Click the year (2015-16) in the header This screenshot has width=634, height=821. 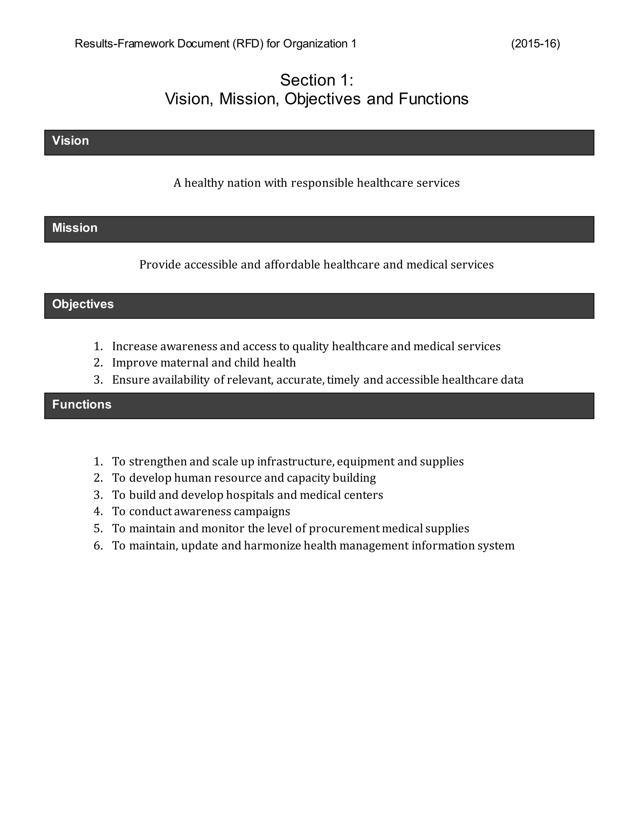point(535,44)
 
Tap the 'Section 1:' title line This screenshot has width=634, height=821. point(317,80)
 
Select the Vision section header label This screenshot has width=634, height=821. point(71,141)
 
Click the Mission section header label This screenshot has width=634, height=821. point(75,228)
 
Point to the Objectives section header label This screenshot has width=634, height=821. point(83,304)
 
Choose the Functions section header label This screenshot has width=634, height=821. point(81,405)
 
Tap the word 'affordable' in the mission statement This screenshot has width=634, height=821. point(292,265)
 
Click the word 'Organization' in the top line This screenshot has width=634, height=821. point(315,44)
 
